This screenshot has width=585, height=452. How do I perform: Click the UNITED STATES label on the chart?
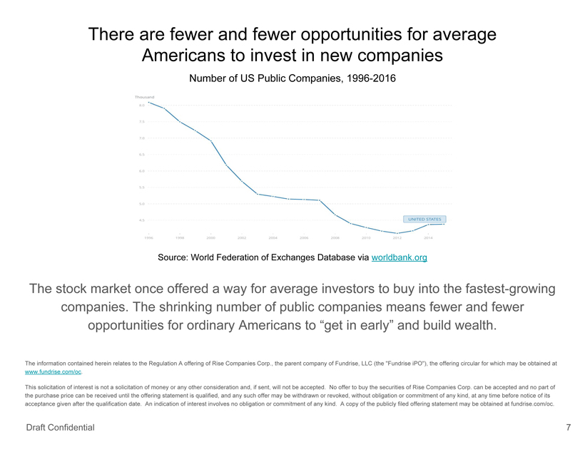pyautogui.click(x=424, y=219)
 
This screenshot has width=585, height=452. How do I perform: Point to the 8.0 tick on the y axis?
pyautogui.click(x=142, y=105)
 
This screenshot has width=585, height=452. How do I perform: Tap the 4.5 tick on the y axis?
pyautogui.click(x=142, y=220)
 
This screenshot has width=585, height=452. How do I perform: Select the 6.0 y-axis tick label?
pyautogui.click(x=142, y=171)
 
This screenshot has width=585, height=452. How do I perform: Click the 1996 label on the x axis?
pyautogui.click(x=148, y=237)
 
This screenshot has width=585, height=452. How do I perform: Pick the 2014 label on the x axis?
pyautogui.click(x=428, y=237)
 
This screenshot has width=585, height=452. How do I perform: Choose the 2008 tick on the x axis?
pyautogui.click(x=335, y=237)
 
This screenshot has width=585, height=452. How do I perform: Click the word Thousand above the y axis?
pyautogui.click(x=144, y=97)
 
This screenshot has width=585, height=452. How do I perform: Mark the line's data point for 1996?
pyautogui.click(x=148, y=102)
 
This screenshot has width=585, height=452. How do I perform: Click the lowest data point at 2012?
pyautogui.click(x=397, y=233)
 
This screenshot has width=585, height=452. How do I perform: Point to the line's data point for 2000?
pyautogui.click(x=210, y=140)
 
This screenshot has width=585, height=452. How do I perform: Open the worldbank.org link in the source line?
pyautogui.click(x=400, y=257)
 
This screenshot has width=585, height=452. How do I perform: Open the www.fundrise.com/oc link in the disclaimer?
pyautogui.click(x=53, y=372)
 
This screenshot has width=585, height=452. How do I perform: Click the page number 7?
pyautogui.click(x=568, y=428)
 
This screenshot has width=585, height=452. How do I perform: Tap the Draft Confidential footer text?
pyautogui.click(x=60, y=428)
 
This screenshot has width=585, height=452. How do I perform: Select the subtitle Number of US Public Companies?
pyautogui.click(x=292, y=78)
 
